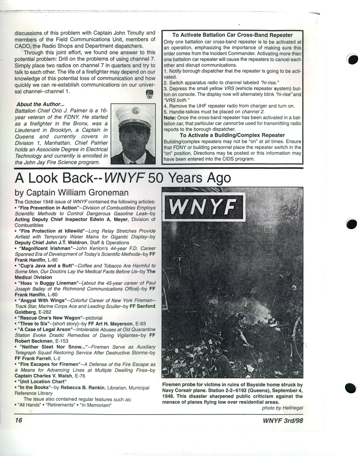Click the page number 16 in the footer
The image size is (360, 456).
pyautogui.click(x=19, y=420)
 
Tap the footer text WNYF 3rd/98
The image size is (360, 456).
pyautogui.click(x=285, y=420)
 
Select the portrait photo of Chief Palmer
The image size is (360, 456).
pyautogui.click(x=133, y=134)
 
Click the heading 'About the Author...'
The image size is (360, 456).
pyautogui.click(x=40, y=104)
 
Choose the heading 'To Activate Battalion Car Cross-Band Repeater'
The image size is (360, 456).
pyautogui.click(x=233, y=35)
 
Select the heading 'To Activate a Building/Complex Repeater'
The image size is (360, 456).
pyautogui.click(x=233, y=135)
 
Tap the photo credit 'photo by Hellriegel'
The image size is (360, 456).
pyautogui.click(x=282, y=408)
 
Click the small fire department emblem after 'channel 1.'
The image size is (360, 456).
pyautogui.click(x=149, y=94)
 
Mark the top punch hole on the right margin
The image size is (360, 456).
pyautogui.click(x=352, y=60)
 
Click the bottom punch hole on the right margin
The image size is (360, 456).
pyautogui.click(x=351, y=388)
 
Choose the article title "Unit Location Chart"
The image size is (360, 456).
pyautogui.click(x=42, y=381)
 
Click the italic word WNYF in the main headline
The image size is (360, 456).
pyautogui.click(x=125, y=178)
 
